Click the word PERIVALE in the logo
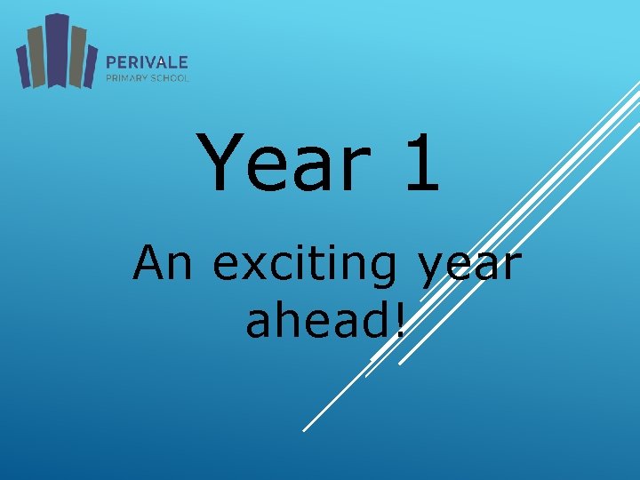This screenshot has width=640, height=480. point(147,62)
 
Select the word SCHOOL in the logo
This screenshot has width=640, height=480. point(171,77)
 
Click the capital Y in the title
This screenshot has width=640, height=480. point(221,163)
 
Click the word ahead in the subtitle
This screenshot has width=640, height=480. point(316,320)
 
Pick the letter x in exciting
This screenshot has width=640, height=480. point(254,268)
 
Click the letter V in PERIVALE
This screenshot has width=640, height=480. point(153,62)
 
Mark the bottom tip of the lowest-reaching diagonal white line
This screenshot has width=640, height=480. point(304,431)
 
